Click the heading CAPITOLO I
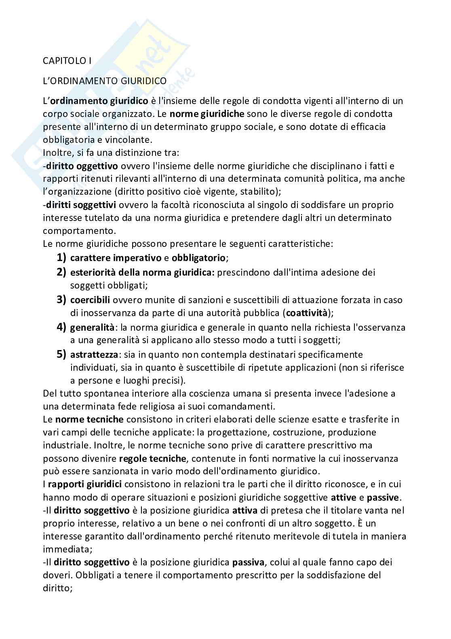click(67, 61)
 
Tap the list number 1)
click(61, 257)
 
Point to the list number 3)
click(61, 299)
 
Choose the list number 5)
click(61, 354)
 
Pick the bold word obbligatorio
click(198, 258)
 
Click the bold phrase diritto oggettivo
click(82, 166)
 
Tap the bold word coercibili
click(90, 300)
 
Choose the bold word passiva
click(248, 562)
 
